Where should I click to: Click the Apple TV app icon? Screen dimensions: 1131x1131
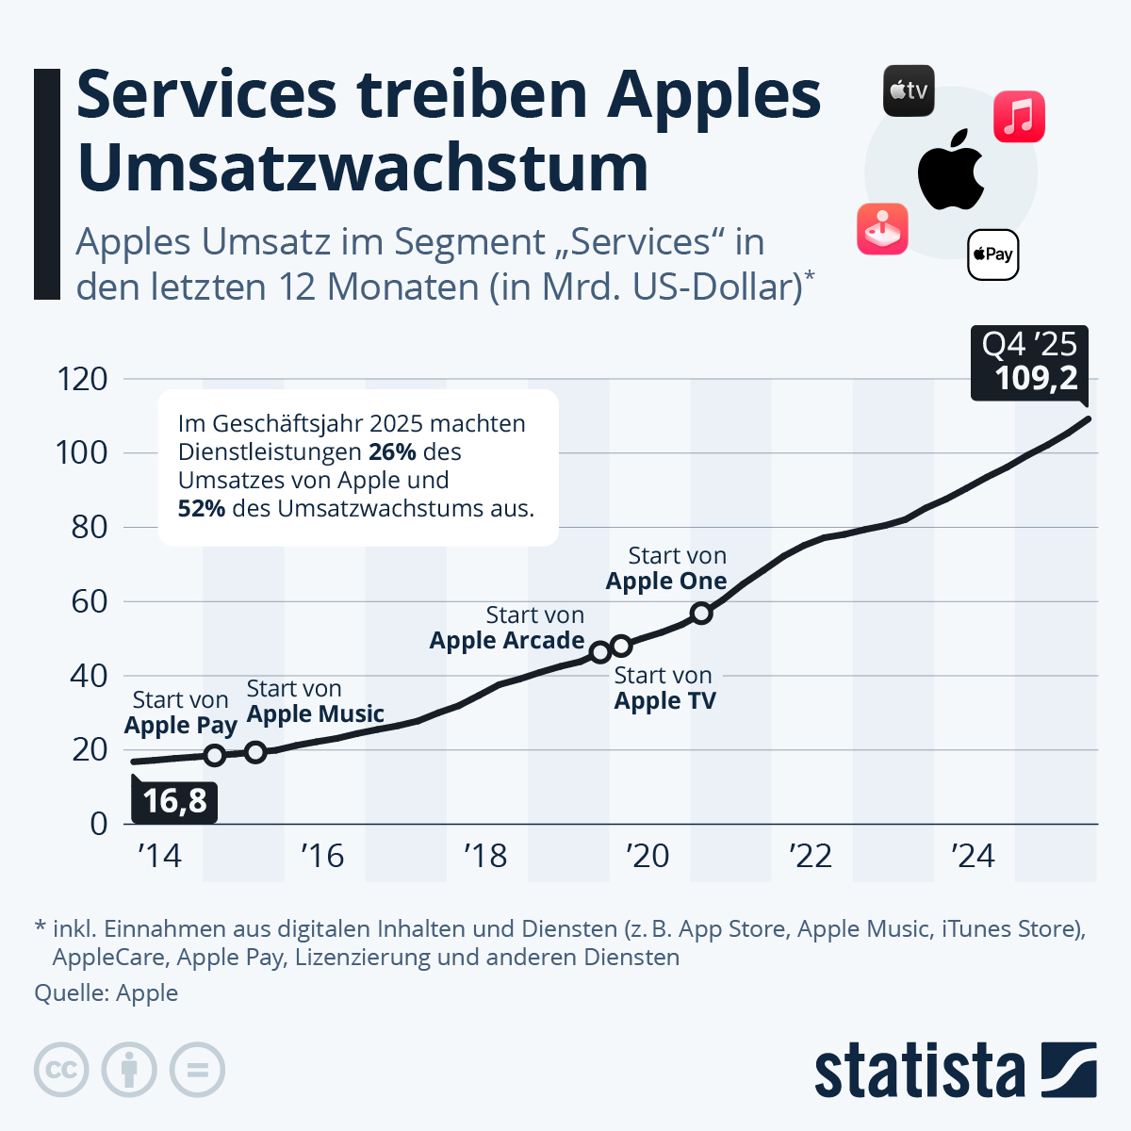[909, 91]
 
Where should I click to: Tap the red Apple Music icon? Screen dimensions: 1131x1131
[1019, 117]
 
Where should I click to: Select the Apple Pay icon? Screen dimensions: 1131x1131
[993, 254]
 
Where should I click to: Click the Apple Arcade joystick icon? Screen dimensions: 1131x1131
[882, 229]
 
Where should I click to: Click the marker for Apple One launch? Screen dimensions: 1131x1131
[700, 614]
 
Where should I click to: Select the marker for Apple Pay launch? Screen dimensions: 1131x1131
[215, 755]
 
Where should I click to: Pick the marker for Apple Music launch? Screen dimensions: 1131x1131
[255, 751]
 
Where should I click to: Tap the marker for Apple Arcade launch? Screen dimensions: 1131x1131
[599, 652]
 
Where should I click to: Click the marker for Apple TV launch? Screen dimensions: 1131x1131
[621, 646]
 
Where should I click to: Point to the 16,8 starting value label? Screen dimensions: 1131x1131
[174, 801]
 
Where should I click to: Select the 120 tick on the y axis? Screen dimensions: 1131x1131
[83, 379]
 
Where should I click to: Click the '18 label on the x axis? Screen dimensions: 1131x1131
[485, 856]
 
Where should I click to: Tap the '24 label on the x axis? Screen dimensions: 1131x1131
[974, 856]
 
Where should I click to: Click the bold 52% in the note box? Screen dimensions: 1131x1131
[202, 509]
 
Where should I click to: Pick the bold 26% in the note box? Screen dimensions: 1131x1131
[392, 452]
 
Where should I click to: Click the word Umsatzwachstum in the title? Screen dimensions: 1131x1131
[363, 168]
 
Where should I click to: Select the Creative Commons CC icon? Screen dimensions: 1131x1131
[61, 1070]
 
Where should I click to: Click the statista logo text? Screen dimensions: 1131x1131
[919, 1072]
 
